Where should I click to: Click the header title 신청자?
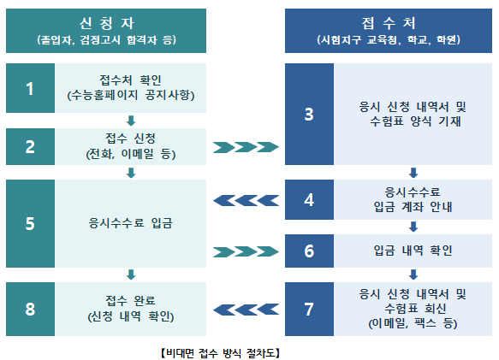(107, 23)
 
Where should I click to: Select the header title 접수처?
(389, 23)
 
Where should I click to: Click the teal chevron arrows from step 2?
(246, 147)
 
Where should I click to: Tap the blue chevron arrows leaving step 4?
(246, 201)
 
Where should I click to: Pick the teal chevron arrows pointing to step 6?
(246, 251)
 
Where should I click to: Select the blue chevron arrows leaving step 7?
(246, 310)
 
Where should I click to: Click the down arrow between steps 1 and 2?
(131, 121)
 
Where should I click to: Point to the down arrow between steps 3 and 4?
(413, 173)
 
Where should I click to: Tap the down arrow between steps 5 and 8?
(131, 274)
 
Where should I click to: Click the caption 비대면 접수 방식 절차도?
(220, 353)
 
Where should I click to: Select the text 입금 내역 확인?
(413, 251)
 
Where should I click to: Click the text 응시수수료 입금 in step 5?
(130, 223)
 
